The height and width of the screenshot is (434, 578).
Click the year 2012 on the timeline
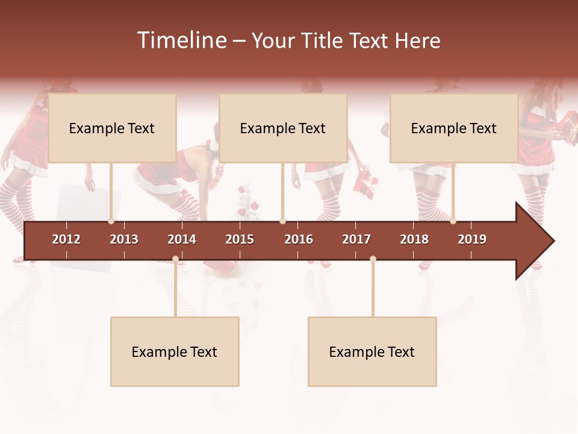click(x=66, y=239)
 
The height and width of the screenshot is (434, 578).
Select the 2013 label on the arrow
click(x=124, y=239)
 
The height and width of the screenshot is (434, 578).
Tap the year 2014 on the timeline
click(x=182, y=239)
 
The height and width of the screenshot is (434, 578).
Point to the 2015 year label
click(x=240, y=239)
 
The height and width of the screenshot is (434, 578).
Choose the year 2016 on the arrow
click(x=299, y=239)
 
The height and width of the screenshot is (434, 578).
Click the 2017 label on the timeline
click(x=356, y=239)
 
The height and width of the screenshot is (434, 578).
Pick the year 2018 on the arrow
click(x=414, y=239)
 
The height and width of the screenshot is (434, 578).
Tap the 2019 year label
click(x=472, y=239)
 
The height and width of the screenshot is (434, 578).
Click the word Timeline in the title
click(x=181, y=40)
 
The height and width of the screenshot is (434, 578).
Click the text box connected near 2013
click(x=112, y=128)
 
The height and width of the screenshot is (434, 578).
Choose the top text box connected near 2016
click(x=283, y=128)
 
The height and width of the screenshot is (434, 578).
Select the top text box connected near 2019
click(x=454, y=128)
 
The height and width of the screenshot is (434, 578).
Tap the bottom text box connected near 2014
click(x=175, y=351)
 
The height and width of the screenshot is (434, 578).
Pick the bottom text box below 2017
click(x=372, y=351)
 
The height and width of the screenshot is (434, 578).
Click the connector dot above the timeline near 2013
click(x=111, y=221)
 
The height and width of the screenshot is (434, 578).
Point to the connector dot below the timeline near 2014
click(x=175, y=259)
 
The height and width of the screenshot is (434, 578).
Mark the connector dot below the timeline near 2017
click(x=373, y=259)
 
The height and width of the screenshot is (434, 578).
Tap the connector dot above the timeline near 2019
click(x=453, y=221)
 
